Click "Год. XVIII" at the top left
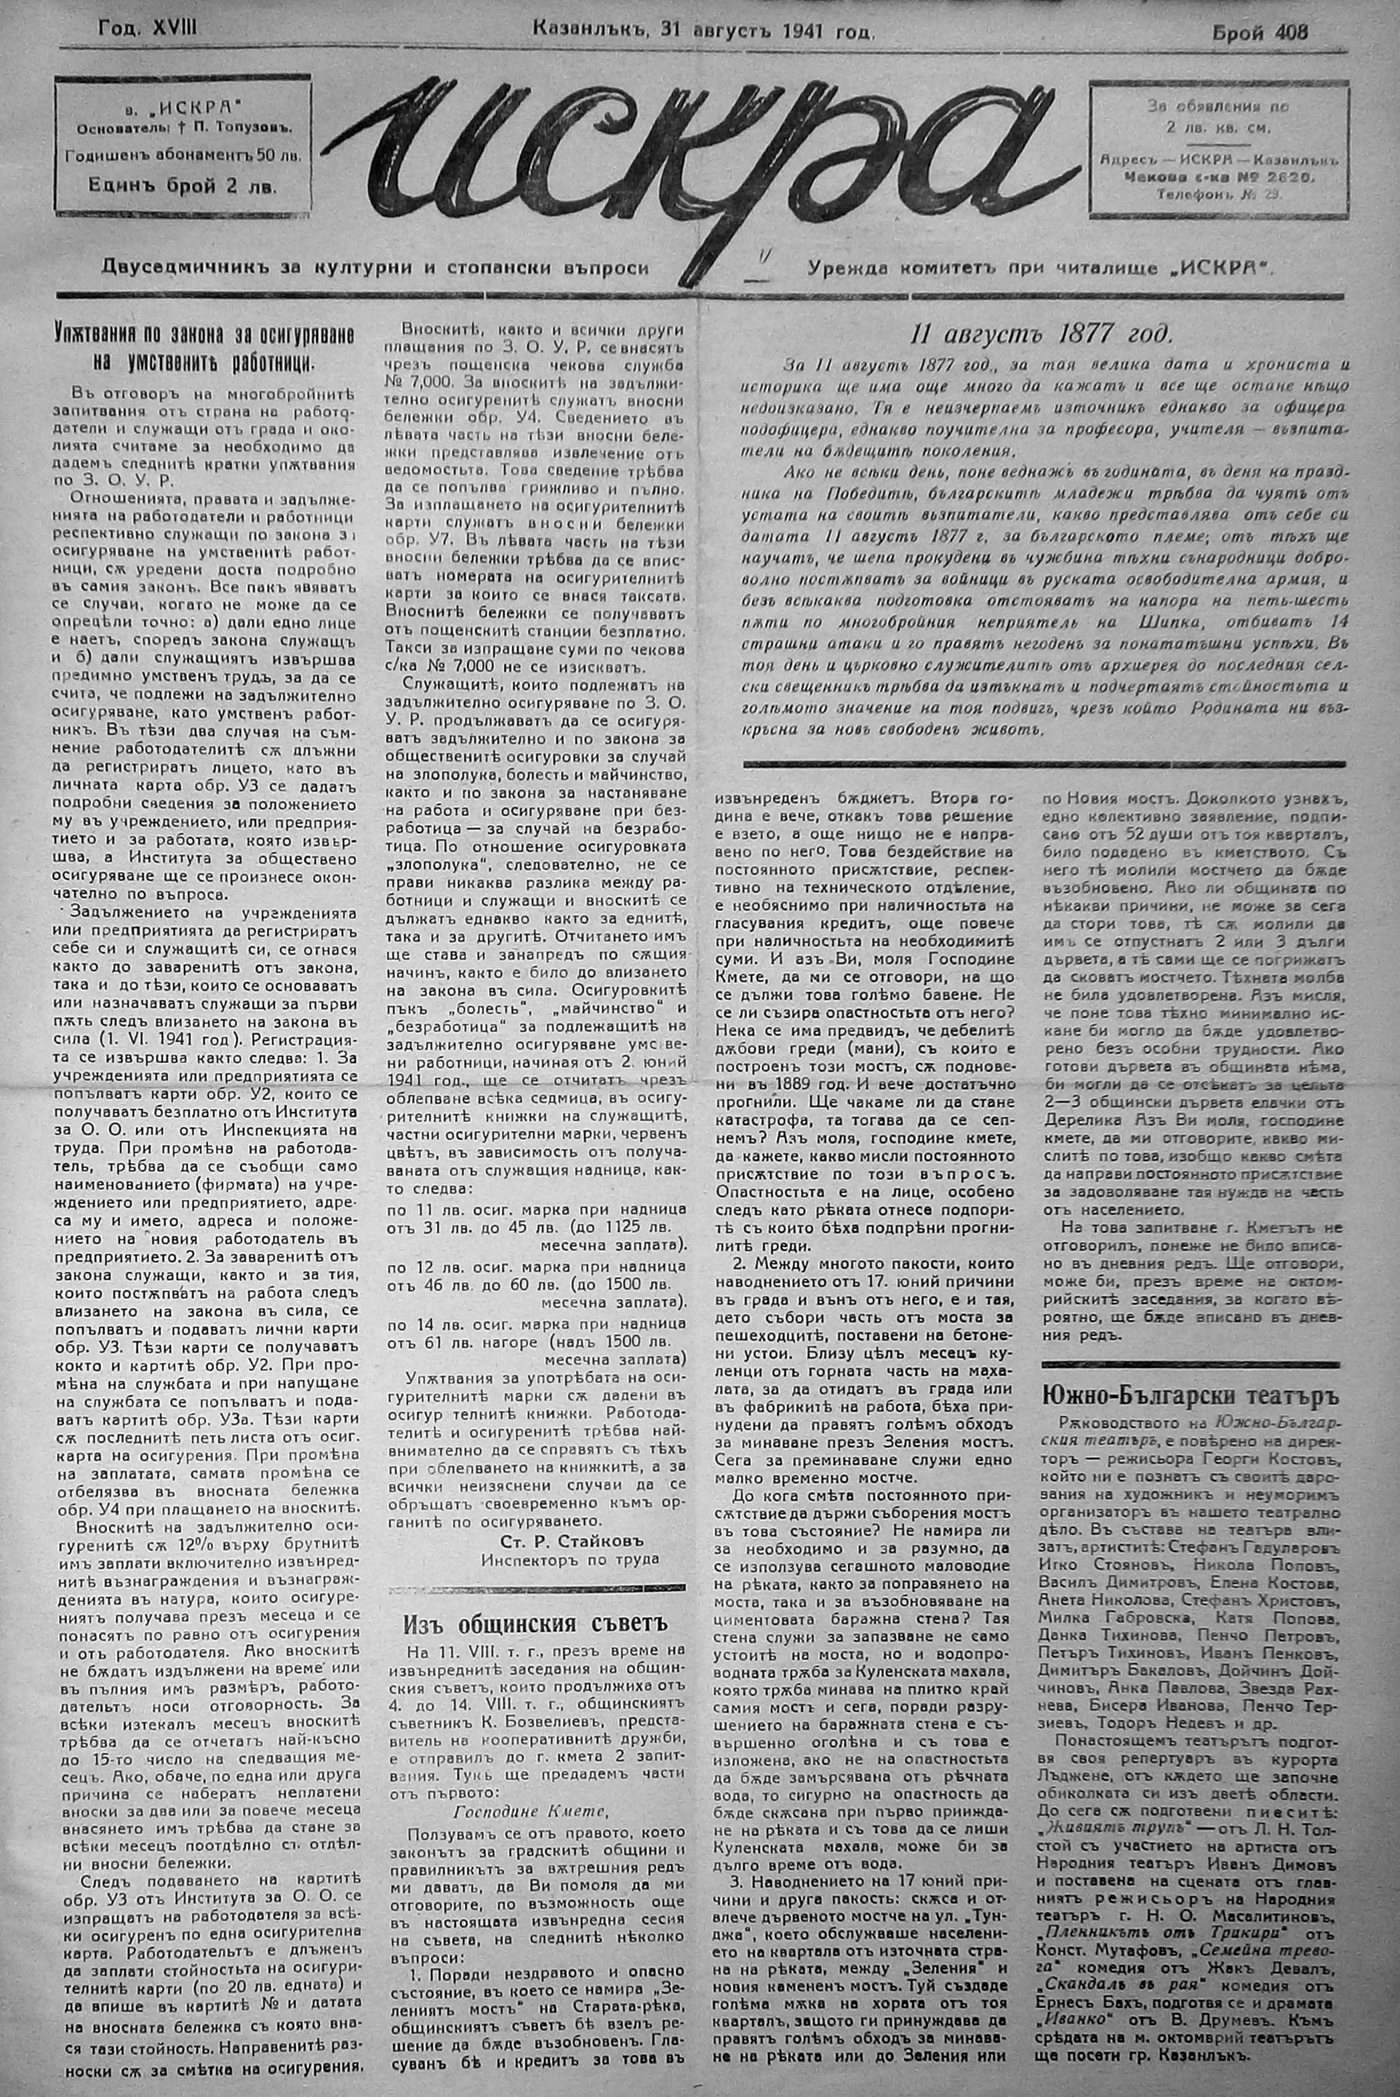[148, 29]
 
